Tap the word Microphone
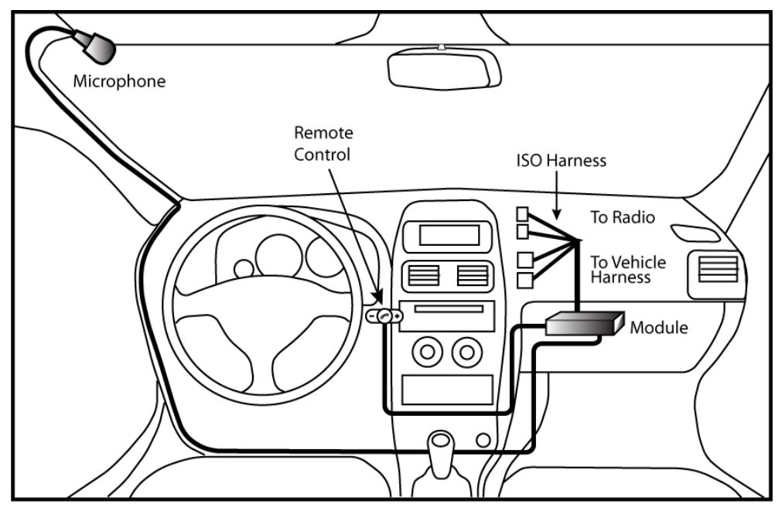119,81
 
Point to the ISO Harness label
562,162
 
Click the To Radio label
623,218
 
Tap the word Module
658,328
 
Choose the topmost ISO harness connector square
524,214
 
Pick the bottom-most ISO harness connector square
524,280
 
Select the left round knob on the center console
426,354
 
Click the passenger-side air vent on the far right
717,271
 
